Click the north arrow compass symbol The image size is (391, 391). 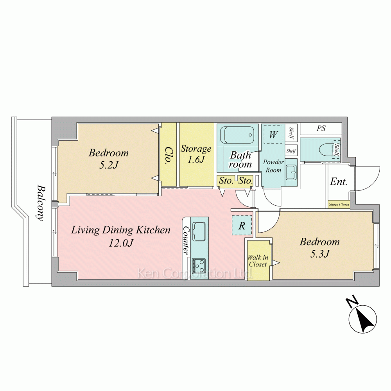362,318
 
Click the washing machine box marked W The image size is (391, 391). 273,134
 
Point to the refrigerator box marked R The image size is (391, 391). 242,226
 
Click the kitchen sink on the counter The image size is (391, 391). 199,231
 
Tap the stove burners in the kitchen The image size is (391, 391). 199,266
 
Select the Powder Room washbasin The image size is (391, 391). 291,172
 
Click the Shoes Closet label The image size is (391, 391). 339,204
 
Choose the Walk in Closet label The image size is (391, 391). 258,261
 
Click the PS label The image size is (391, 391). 321,128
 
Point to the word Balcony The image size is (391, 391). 41,203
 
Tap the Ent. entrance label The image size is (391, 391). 338,181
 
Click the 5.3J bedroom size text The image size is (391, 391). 320,254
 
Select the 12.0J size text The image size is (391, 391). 121,243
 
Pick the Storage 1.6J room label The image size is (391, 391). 196,154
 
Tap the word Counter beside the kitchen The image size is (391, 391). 186,240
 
